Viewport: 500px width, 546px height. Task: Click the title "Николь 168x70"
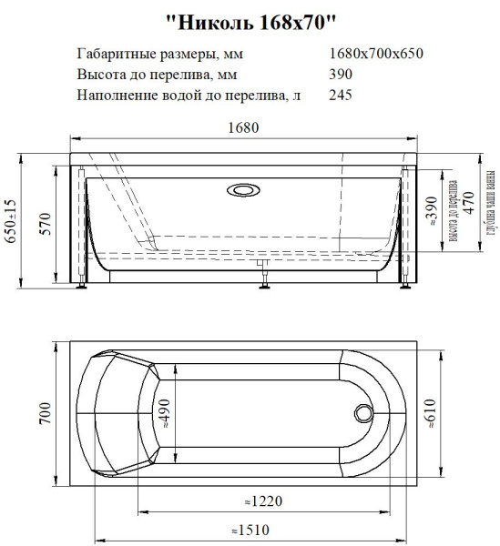click(x=250, y=18)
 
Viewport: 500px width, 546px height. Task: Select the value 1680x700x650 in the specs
click(x=376, y=54)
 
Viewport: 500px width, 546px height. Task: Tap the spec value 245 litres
click(x=339, y=94)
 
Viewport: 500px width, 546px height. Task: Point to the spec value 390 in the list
click(x=339, y=74)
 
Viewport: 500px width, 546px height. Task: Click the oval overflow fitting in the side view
click(x=243, y=191)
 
